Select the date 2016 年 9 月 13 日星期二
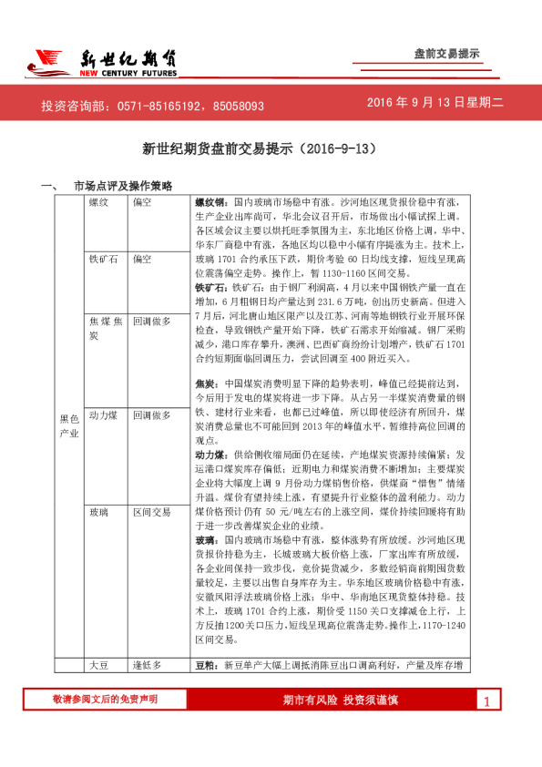tap(435, 104)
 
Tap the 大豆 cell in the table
tap(99, 665)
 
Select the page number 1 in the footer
tap(487, 701)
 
